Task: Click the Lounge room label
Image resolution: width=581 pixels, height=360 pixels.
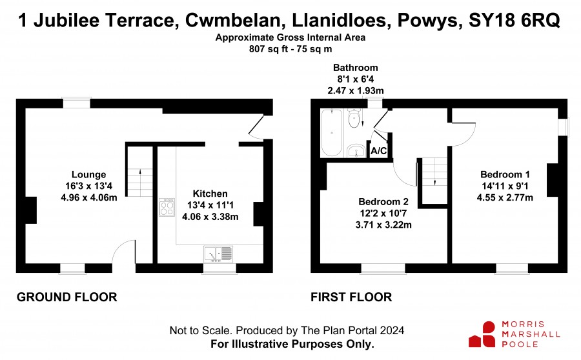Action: tap(88, 174)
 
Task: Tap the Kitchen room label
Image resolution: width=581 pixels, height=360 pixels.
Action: tap(210, 194)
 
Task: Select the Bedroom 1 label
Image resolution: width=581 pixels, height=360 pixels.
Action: tap(505, 174)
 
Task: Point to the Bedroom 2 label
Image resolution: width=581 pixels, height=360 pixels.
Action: tap(383, 202)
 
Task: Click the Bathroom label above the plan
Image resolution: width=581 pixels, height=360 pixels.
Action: tap(355, 68)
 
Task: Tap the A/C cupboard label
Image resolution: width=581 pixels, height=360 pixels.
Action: tap(379, 151)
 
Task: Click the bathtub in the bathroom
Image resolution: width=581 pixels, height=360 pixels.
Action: tap(332, 133)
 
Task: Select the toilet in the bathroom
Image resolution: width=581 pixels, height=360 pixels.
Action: tap(354, 118)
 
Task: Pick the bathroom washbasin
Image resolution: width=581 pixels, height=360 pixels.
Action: tap(356, 151)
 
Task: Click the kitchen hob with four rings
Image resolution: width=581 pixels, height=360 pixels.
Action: tap(167, 207)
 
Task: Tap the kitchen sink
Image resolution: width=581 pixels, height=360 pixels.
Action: tap(218, 254)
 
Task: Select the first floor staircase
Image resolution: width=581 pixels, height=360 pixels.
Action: tap(434, 181)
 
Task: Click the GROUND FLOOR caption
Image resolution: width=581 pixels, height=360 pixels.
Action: tap(67, 297)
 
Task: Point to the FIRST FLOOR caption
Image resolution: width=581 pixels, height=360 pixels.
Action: tap(351, 297)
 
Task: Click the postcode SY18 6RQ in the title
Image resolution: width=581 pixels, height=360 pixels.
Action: tap(515, 20)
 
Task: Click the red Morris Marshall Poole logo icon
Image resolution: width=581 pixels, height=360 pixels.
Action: tap(482, 334)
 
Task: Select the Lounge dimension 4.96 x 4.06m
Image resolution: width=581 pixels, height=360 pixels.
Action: tap(89, 197)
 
